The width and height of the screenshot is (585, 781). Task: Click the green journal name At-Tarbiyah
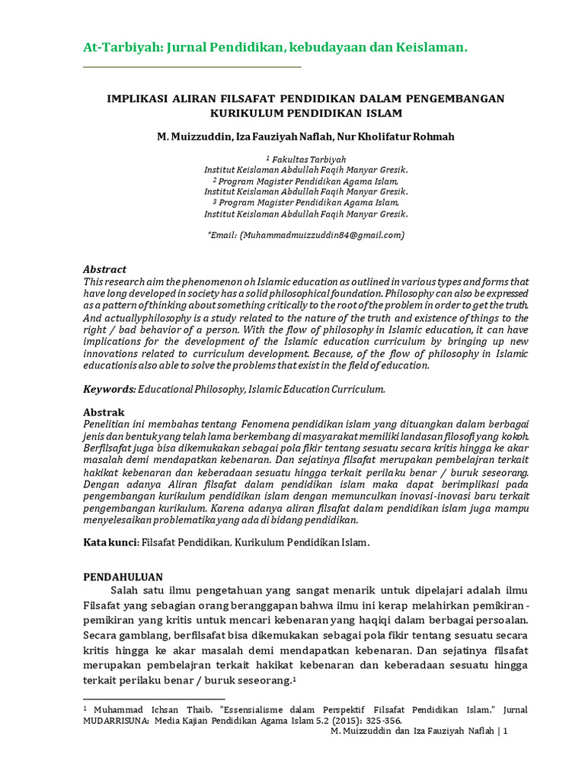tap(117, 48)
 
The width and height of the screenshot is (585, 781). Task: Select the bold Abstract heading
tap(104, 270)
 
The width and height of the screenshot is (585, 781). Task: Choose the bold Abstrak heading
tap(103, 412)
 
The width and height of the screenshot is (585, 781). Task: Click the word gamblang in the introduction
tap(148, 635)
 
